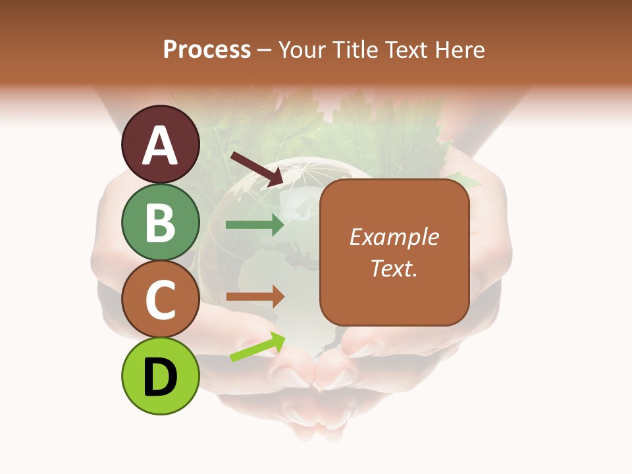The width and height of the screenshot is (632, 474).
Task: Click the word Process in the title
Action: [x=207, y=49]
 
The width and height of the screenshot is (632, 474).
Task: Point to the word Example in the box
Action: [x=394, y=237]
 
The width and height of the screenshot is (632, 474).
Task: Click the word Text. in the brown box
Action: [x=394, y=268]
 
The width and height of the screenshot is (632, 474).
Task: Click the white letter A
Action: [x=160, y=146]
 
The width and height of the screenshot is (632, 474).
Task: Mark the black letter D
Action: [x=160, y=377]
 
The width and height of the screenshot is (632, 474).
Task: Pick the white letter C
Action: [x=160, y=300]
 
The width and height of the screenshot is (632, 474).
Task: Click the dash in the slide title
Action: [x=265, y=51]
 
